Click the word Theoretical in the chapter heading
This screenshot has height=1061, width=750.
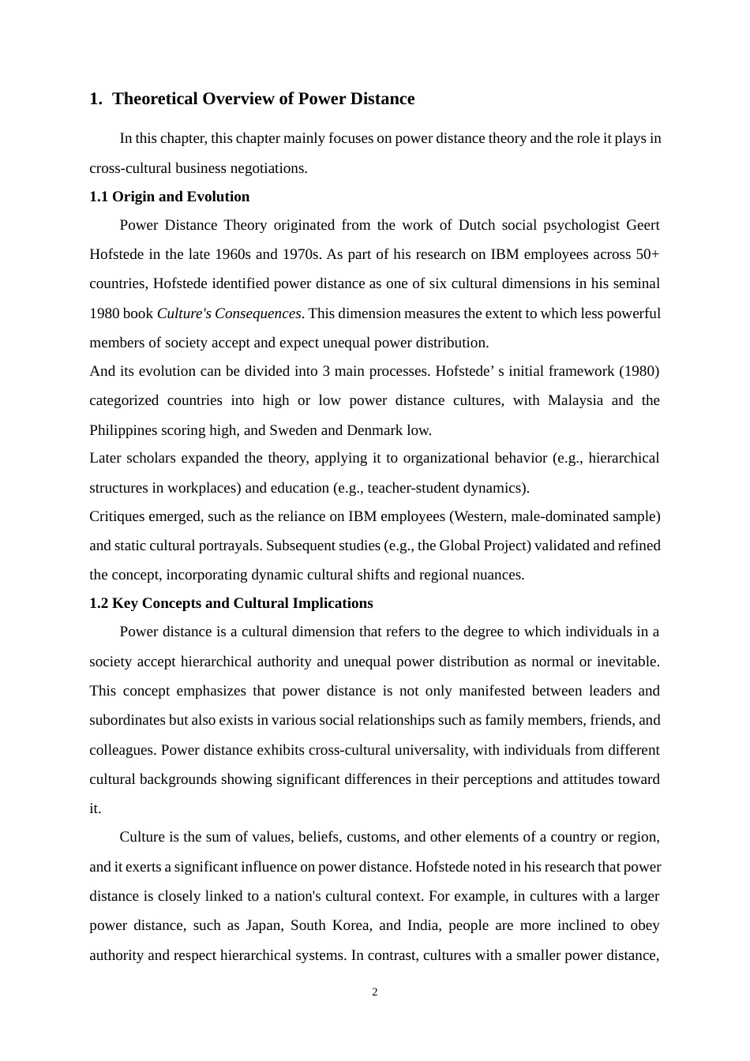pos(155,99)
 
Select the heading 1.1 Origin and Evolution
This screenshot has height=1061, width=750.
pos(169,197)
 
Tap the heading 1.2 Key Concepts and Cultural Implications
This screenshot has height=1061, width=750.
pos(231,603)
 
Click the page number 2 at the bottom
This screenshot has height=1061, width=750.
pos(374,992)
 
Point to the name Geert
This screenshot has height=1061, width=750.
pos(643,225)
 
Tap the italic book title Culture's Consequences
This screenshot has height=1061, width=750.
pos(228,313)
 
